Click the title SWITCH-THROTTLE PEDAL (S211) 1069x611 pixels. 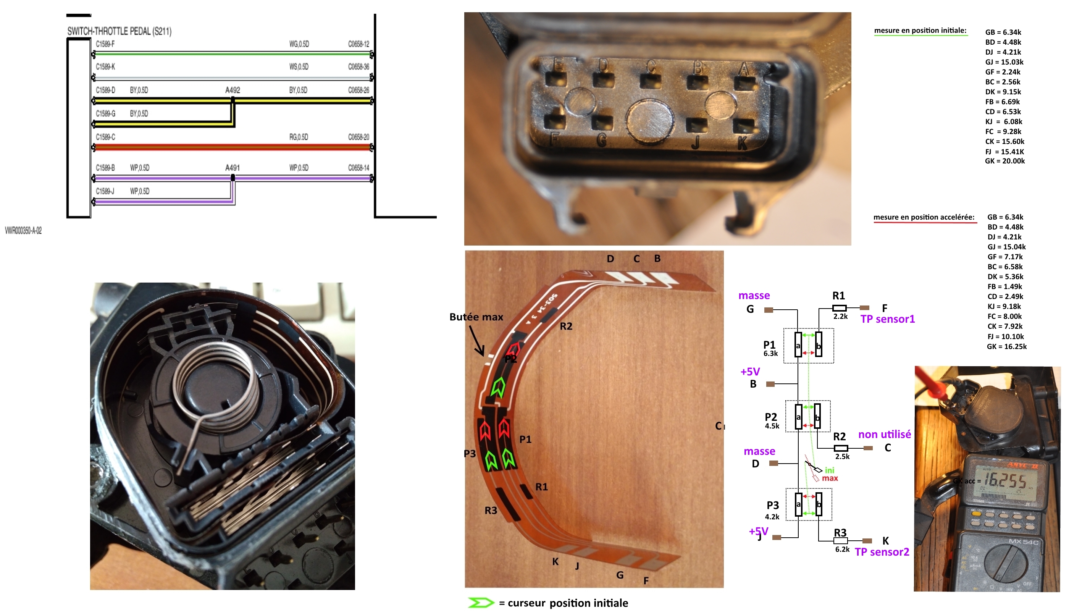119,31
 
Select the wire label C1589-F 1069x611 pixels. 105,44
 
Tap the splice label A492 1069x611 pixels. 233,90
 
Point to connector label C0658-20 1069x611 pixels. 358,137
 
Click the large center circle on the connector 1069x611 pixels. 649,120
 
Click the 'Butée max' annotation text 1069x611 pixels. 476,317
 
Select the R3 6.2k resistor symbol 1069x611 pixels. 840,541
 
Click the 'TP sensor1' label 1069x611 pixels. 887,319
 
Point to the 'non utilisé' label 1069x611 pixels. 884,434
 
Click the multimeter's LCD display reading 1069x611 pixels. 1005,481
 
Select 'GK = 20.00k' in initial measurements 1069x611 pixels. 1004,161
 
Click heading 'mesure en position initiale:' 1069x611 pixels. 920,31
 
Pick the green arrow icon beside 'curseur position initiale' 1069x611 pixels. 481,603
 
